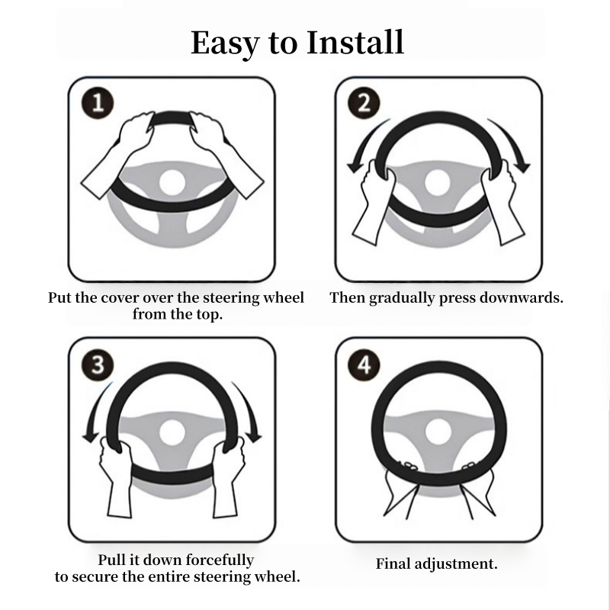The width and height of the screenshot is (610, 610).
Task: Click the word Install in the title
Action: tap(355, 43)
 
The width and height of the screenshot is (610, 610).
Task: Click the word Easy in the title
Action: tap(226, 43)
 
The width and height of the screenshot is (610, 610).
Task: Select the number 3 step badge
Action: tap(97, 364)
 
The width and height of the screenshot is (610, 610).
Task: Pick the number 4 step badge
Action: tap(364, 364)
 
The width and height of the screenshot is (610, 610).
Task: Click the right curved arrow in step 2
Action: tap(512, 145)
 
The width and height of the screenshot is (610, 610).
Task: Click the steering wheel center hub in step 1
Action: tap(172, 181)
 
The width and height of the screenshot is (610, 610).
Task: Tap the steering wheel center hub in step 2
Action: tap(438, 181)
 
